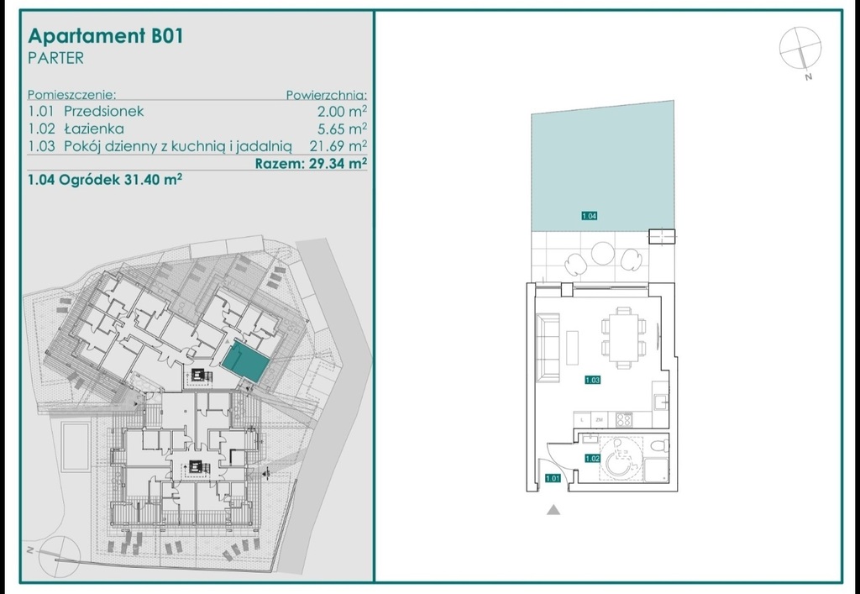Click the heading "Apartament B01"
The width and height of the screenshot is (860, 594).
click(105, 36)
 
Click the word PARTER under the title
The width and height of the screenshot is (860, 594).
click(55, 58)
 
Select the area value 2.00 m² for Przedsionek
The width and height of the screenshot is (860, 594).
click(343, 112)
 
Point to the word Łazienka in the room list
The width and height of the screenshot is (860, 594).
click(94, 129)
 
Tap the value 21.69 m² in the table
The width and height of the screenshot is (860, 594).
click(338, 146)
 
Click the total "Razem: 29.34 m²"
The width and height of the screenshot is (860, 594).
click(311, 164)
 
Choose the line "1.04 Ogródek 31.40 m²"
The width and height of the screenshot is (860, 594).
click(105, 180)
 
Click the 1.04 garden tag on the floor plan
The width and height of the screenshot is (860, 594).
click(589, 216)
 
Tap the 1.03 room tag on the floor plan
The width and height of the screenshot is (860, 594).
click(592, 380)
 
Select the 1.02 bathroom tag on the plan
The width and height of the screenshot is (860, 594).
click(592, 459)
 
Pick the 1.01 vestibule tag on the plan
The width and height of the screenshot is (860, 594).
click(553, 478)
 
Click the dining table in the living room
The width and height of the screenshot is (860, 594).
click(623, 338)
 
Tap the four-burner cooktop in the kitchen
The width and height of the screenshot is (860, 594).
click(623, 419)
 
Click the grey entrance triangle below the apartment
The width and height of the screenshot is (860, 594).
click(553, 509)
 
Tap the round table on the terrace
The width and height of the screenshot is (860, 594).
click(603, 253)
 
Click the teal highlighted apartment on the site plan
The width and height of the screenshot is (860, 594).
click(245, 362)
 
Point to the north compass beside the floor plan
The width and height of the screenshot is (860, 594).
click(800, 50)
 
